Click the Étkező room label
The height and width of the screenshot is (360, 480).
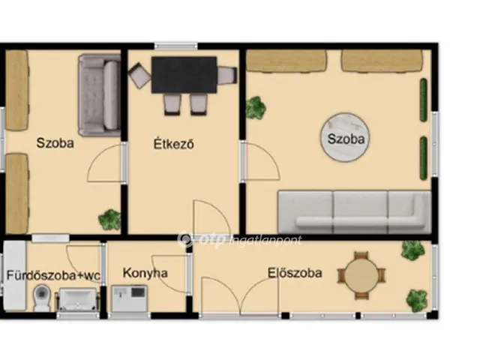coord(173,144)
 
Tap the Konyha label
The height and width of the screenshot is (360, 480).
coord(145,273)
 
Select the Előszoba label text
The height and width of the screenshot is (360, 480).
coord(295,273)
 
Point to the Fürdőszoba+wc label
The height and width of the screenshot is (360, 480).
coord(53,275)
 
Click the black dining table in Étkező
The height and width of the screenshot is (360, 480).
coord(184,75)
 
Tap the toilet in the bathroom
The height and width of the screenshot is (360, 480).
coord(42,297)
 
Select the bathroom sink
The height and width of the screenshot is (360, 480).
coord(78,299)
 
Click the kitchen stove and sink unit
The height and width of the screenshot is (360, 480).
coord(129,298)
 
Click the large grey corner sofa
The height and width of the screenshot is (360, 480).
coord(354,212)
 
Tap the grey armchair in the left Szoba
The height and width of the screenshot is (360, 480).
coord(99,95)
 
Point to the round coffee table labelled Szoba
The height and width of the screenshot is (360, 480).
coord(345,137)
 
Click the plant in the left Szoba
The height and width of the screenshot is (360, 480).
coord(109,219)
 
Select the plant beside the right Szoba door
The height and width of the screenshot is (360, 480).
coord(256,108)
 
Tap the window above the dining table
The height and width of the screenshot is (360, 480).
coord(175,46)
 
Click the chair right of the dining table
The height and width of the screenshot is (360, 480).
coord(227,75)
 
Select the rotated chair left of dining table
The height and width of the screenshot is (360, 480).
coord(139,75)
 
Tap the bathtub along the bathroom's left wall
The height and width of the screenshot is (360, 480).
coord(14,276)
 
